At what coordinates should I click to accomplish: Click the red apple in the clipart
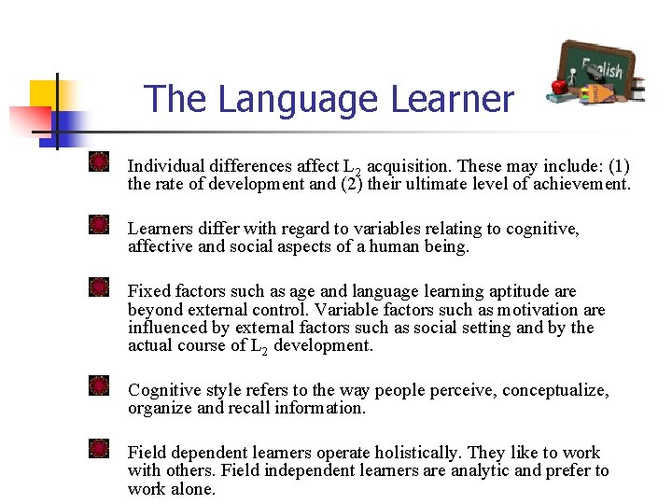tap(560, 86)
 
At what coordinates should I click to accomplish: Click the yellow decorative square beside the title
tap(44, 93)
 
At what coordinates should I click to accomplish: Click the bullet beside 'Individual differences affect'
tap(100, 162)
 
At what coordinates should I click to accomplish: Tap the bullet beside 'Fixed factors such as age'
tap(100, 287)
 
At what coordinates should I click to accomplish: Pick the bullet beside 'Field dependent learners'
tap(100, 449)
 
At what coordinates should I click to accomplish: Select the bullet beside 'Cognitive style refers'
tap(100, 386)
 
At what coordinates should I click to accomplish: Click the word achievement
tap(581, 184)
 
